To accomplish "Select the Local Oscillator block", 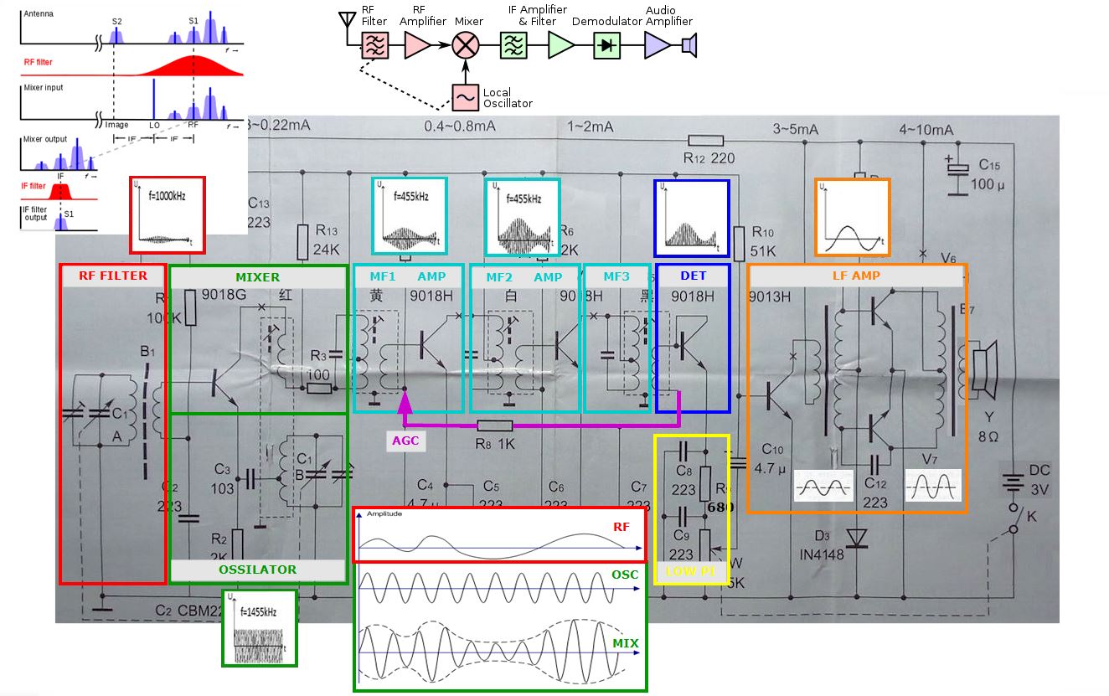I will pos(465,97).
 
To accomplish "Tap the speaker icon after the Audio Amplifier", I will pos(689,45).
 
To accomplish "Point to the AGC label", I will pos(405,441).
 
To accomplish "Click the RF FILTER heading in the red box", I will pos(113,276).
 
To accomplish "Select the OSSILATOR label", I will pos(257,570).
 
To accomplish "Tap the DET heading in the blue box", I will pos(692,276).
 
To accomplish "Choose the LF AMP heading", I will pos(856,276).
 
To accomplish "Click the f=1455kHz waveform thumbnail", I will pos(260,628).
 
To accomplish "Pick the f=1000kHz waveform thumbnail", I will pos(168,214).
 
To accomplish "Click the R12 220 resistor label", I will pos(709,157).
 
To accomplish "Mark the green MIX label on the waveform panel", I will pos(625,643).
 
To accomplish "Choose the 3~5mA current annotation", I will pos(796,130).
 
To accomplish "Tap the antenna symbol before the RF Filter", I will pos(344,20).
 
